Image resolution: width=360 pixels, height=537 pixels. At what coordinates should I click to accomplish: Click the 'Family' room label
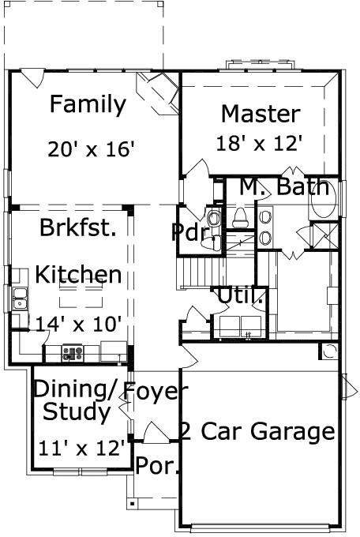(x=88, y=104)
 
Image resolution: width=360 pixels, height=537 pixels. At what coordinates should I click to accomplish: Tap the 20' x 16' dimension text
(x=91, y=148)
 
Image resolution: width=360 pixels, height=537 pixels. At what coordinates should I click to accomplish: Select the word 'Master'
(x=260, y=113)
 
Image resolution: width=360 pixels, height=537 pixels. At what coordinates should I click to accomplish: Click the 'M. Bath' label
(x=283, y=187)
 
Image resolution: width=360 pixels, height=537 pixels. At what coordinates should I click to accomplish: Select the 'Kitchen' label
(x=78, y=275)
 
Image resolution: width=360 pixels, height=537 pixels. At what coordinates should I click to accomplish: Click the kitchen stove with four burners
(x=73, y=353)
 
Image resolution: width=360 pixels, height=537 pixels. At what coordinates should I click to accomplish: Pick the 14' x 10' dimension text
(x=78, y=323)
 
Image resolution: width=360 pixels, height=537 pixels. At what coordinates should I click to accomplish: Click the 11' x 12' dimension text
(x=82, y=449)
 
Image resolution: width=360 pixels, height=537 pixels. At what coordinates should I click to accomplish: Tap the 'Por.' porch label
(x=156, y=465)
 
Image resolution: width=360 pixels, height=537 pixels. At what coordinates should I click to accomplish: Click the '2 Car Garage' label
(x=257, y=431)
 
